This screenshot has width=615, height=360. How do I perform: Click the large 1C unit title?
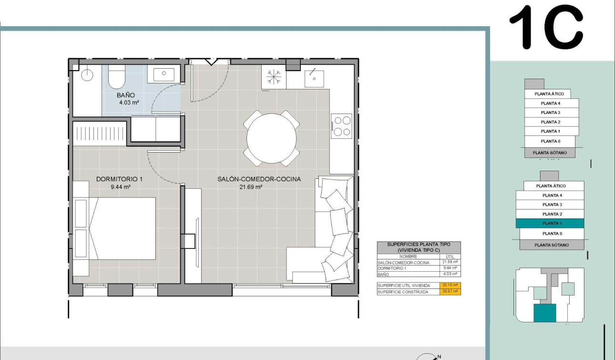pos(546,27)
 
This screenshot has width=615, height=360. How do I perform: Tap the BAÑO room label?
pos(126,95)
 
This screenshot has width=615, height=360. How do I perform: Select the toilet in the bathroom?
pos(116,78)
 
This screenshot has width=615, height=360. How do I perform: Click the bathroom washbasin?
pos(164,74)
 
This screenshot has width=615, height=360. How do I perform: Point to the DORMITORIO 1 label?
pos(119,179)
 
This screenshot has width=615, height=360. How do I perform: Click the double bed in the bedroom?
pos(122,228)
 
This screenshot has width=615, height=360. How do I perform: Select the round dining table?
pos(271,138)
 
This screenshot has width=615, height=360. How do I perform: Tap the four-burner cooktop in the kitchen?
pos(342,126)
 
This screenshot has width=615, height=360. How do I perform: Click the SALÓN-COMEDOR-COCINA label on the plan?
pos(259,179)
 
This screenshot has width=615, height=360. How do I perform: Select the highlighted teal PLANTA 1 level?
pos(551,224)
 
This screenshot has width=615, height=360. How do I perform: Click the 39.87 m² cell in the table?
pos(450,291)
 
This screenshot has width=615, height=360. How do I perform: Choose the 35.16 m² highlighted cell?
pos(450,285)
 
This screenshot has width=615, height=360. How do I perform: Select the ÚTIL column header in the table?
pos(450,257)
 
